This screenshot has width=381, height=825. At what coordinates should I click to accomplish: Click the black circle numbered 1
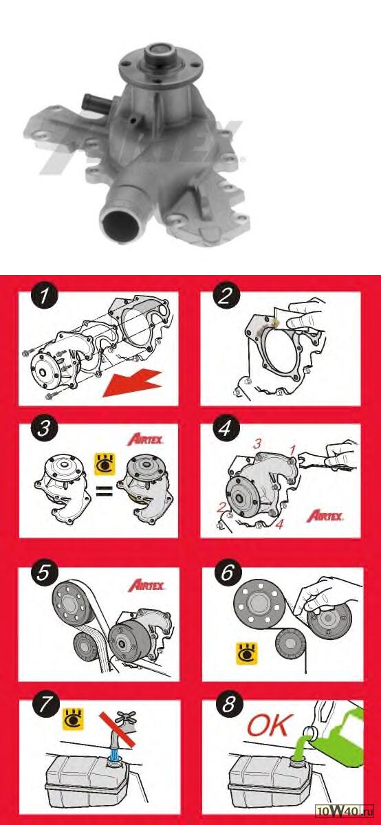pyautogui.click(x=44, y=297)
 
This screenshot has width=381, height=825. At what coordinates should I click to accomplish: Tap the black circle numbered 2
pyautogui.click(x=226, y=297)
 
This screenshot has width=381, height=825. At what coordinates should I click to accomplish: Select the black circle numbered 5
pyautogui.click(x=44, y=573)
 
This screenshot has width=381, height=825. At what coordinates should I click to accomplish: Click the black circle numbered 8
pyautogui.click(x=228, y=705)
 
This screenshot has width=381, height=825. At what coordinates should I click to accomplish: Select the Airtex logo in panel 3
pyautogui.click(x=146, y=440)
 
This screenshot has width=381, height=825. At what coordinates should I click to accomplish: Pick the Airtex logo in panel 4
pyautogui.click(x=325, y=516)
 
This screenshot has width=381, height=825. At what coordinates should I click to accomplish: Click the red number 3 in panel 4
pyautogui.click(x=257, y=444)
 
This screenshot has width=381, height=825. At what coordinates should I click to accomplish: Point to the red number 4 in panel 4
pyautogui.click(x=279, y=524)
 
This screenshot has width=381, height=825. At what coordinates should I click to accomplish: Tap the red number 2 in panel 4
pyautogui.click(x=221, y=508)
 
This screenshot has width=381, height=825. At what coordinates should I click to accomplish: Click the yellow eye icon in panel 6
pyautogui.click(x=247, y=654)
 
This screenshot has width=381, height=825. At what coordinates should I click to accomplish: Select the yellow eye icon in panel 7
pyautogui.click(x=74, y=719)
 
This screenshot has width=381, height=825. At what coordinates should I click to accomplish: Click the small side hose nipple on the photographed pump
pyautogui.click(x=95, y=102)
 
